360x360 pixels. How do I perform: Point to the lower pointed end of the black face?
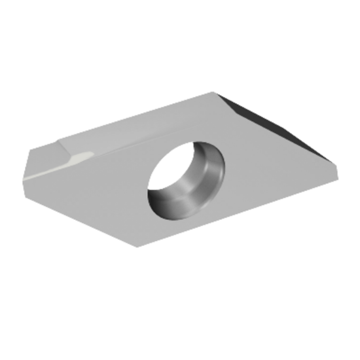(331, 160)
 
